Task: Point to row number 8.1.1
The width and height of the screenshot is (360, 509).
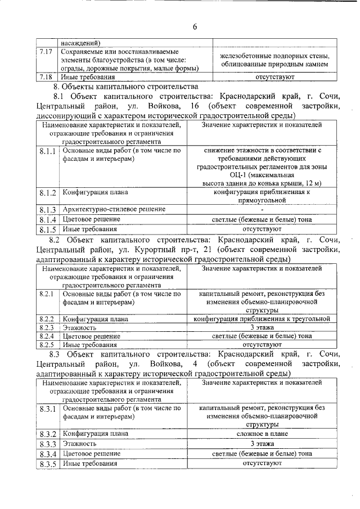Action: [x=48, y=152]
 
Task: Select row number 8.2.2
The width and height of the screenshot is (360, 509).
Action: [x=46, y=319]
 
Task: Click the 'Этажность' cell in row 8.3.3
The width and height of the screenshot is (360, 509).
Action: [x=79, y=444]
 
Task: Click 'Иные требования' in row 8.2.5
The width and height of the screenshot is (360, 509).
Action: [x=89, y=344]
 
